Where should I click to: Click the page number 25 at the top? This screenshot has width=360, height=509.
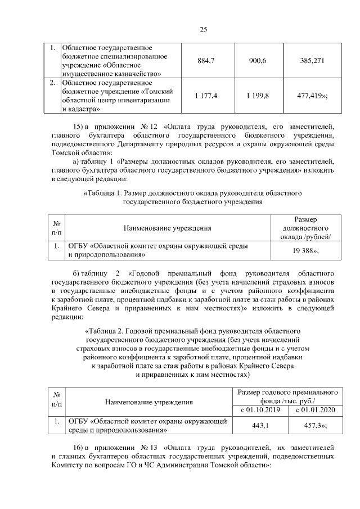point(203,29)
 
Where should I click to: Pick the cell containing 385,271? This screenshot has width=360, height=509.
point(312,60)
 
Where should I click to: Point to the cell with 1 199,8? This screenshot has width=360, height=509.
point(258,96)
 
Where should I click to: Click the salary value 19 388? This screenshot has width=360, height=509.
point(305,250)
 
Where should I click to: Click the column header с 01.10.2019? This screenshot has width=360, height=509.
point(260,410)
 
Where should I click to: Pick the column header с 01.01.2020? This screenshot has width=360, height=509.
point(314,410)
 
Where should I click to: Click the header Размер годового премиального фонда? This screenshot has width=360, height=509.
point(287,397)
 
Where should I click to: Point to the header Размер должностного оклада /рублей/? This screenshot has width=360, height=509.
point(305,228)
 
